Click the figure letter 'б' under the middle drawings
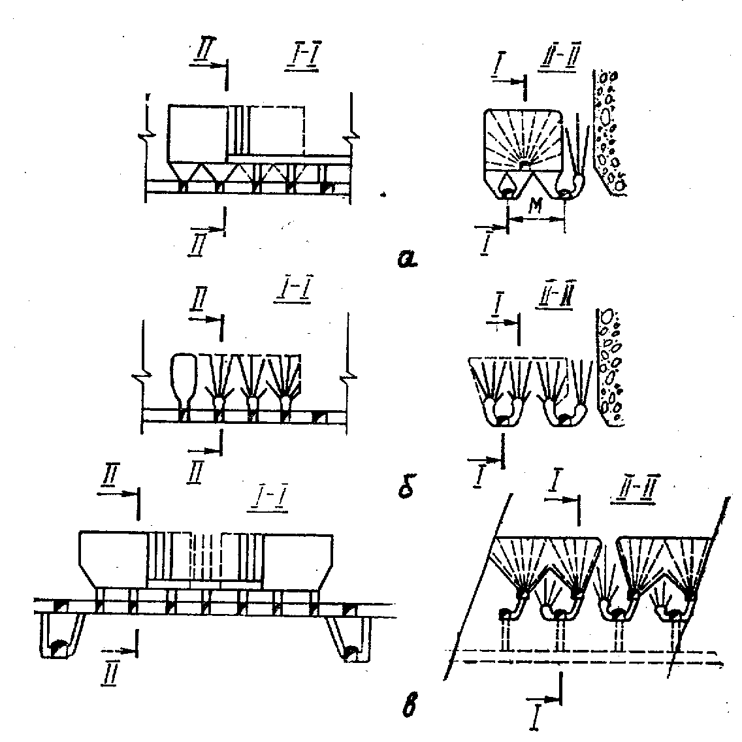(x=406, y=487)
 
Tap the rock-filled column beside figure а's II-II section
(x=609, y=131)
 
